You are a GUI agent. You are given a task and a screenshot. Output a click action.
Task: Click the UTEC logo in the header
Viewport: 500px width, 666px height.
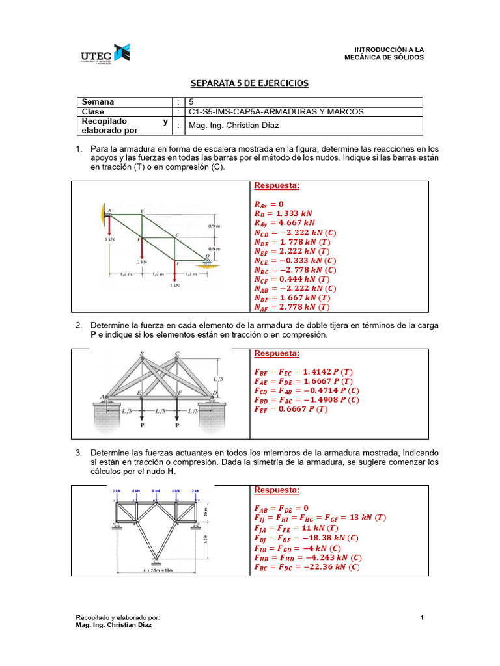click(104, 55)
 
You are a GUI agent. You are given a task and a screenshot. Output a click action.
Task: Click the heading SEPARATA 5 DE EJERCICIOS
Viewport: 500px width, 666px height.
click(249, 84)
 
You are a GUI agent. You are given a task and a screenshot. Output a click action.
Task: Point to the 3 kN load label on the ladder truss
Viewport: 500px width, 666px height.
click(110, 240)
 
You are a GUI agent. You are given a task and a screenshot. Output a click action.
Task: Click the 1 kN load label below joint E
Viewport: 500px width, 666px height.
click(175, 285)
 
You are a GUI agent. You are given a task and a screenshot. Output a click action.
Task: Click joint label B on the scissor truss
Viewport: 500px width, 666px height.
click(142, 354)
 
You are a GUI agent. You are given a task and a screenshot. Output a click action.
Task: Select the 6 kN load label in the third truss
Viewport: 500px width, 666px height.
click(156, 490)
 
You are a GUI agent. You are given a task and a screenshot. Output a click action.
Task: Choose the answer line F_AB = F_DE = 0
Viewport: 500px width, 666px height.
click(281, 508)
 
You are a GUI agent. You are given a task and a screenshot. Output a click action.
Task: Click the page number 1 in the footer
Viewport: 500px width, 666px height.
click(422, 617)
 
